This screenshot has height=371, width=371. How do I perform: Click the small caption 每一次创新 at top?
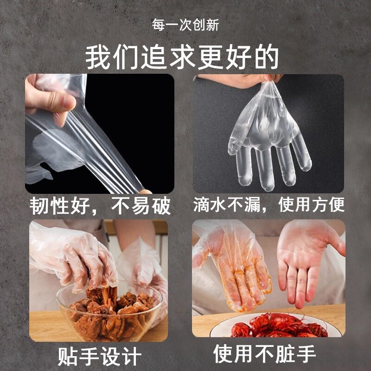(185, 25)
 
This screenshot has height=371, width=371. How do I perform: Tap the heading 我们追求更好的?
(182, 58)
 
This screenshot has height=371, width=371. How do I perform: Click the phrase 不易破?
(141, 205)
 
